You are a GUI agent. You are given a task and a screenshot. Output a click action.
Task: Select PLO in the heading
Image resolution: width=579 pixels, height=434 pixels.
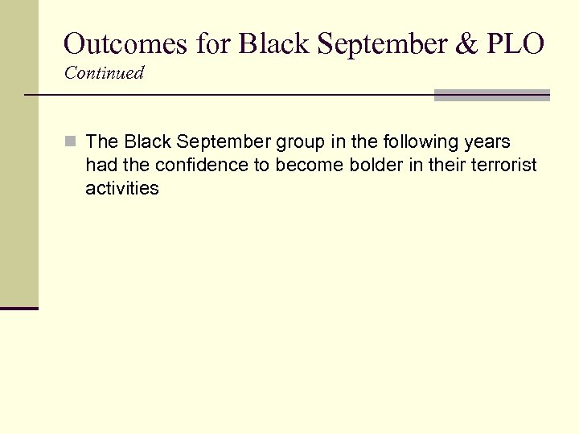518,43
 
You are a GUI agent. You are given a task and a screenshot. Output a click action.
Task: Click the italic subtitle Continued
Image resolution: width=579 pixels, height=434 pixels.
104,73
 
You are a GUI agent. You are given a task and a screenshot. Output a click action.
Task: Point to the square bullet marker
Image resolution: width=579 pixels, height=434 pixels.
71,142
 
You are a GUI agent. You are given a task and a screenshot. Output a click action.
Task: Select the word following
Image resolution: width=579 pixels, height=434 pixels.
418,142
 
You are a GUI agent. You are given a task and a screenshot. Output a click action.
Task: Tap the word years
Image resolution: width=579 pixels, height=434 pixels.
486,142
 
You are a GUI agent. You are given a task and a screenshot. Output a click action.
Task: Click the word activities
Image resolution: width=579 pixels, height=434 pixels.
122,189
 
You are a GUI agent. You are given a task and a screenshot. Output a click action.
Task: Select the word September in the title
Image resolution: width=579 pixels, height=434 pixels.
365,43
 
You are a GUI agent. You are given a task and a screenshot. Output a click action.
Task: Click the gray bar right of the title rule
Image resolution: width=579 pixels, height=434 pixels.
491,95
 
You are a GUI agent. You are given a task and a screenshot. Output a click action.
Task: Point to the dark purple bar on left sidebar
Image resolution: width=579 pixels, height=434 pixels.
18,308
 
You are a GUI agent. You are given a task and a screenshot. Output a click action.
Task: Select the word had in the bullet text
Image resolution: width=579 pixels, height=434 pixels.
100,166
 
